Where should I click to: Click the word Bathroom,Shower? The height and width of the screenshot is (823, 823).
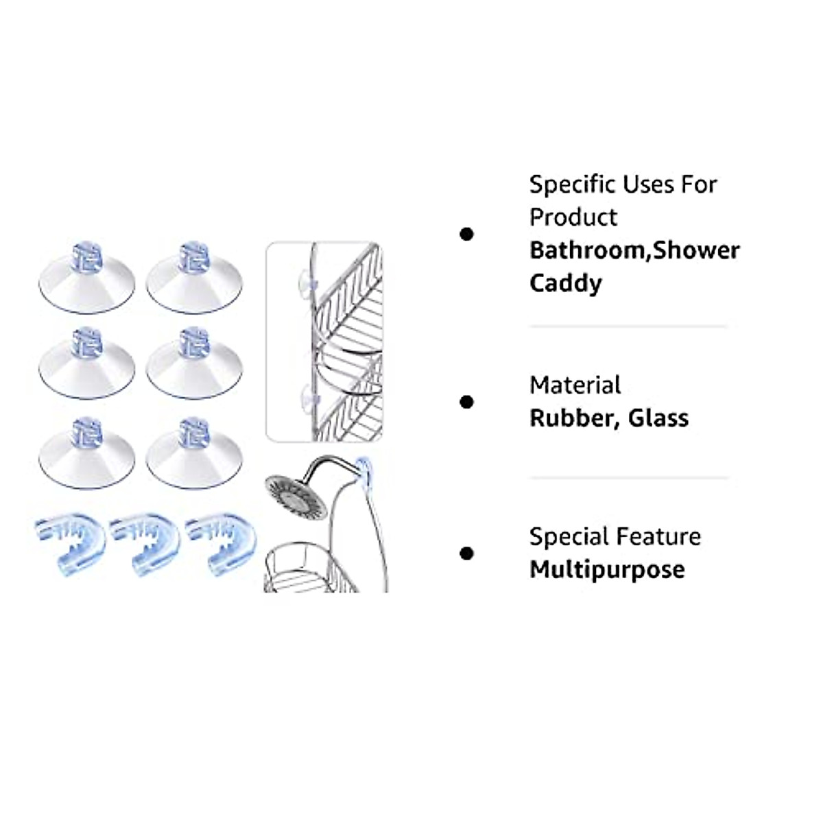(x=634, y=251)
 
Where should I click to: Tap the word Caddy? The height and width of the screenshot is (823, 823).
(x=565, y=283)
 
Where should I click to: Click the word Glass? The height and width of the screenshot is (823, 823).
(x=658, y=418)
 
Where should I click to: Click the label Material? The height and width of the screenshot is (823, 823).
(x=575, y=385)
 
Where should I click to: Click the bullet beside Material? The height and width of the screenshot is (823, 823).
(x=466, y=402)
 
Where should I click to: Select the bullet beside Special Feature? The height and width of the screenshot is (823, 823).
(x=466, y=553)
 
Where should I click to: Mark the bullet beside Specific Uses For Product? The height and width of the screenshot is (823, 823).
(x=466, y=234)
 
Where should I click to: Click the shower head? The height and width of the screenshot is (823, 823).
(x=296, y=495)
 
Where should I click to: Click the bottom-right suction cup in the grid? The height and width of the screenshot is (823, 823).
(x=194, y=453)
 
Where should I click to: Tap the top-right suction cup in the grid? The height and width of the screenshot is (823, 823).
(x=194, y=277)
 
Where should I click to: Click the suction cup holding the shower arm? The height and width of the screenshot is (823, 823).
(x=363, y=471)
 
